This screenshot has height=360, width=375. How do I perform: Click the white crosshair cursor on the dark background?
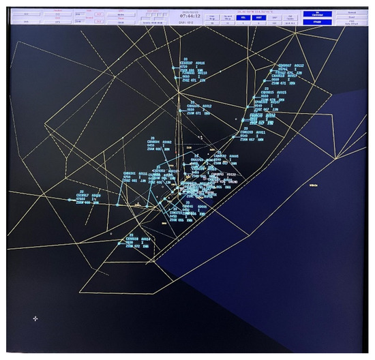[x=35, y=318]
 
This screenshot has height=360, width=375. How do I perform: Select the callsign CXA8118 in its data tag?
[x=132, y=239]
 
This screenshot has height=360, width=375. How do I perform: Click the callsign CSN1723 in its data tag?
[x=176, y=213]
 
